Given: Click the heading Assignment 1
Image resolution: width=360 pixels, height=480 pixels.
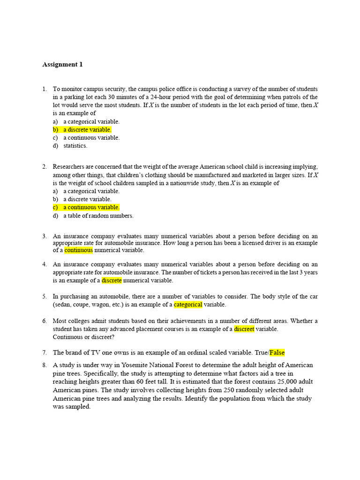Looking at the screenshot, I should tap(62, 65).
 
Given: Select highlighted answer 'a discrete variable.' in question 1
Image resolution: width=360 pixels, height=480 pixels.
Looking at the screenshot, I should tap(87, 129).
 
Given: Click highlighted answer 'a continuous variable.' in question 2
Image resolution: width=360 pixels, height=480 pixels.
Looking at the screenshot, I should tap(91, 207).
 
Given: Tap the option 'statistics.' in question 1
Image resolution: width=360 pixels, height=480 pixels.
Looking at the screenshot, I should tap(75, 146).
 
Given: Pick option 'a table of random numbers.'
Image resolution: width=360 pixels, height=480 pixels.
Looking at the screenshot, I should tap(98, 216).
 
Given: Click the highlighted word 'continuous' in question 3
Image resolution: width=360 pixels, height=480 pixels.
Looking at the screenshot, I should tap(79, 250).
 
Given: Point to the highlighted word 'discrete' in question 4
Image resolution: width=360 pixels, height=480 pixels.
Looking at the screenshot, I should tap(112, 280).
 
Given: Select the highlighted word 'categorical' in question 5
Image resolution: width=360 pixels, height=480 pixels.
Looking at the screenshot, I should tap(188, 305).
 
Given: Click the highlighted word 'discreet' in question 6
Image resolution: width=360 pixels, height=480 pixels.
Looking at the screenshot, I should tap(244, 329).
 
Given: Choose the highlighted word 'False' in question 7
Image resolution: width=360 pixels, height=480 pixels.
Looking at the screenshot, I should tap(277, 352).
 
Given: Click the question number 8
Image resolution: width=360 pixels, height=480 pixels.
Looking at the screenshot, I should tap(44, 365).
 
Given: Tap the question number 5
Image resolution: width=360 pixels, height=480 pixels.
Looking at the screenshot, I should tap(44, 297).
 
